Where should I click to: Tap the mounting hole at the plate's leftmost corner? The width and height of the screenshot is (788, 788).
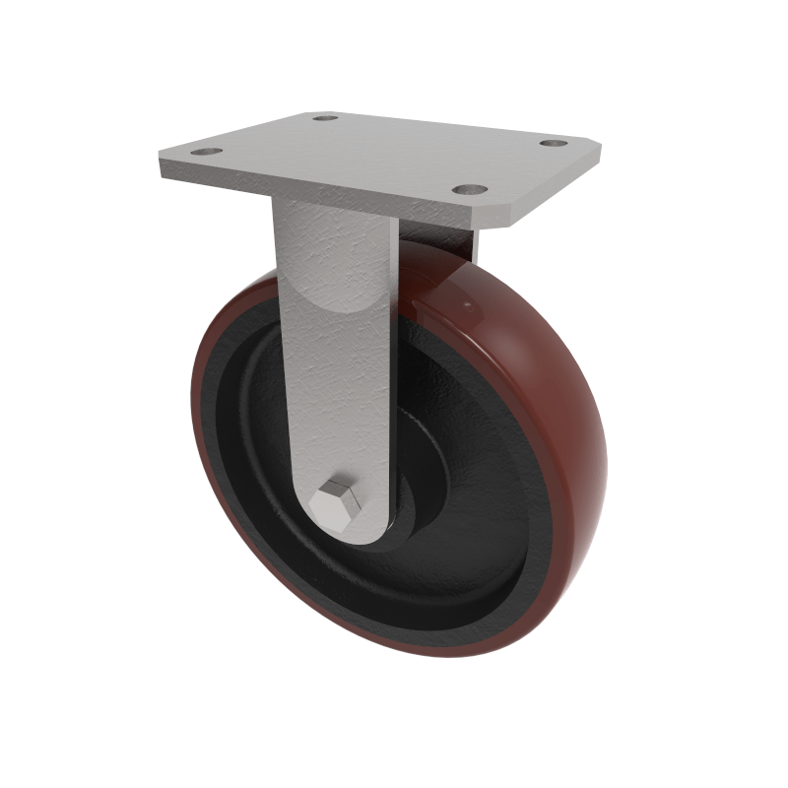point(206,153)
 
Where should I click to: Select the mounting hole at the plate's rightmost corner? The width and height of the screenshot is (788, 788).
point(551,144)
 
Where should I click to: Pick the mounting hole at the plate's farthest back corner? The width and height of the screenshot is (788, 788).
point(325,118)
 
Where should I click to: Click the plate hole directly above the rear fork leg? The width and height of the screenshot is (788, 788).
point(471,187)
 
